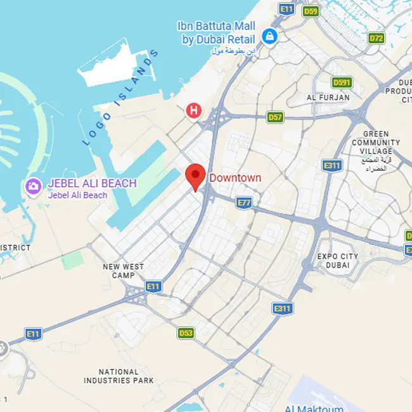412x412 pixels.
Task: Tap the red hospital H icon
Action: pos(193,111)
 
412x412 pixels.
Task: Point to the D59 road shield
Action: pos(310,11)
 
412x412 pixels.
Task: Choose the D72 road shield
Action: pos(377,38)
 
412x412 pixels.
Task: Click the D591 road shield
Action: pos(342,82)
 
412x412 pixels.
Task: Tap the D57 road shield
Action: pos(275,117)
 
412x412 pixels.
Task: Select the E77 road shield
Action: pos(244,202)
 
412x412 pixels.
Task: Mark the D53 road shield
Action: pos(186,333)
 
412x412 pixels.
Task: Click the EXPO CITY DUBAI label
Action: pos(338,261)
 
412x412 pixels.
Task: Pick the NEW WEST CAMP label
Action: pos(123,271)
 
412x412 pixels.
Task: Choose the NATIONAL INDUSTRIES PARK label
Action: pos(119,377)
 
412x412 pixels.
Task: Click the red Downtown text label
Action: pos(235,178)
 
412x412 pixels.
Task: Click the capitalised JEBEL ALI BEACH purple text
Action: pos(92,183)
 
